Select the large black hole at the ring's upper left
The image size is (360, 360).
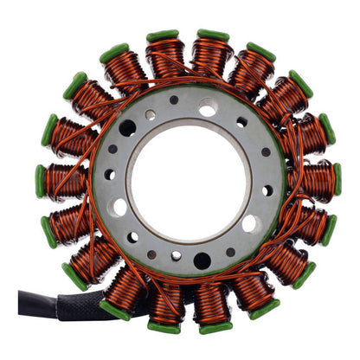click(127, 128)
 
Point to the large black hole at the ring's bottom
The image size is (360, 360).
click(202, 260)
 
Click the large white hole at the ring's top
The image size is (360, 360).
click(208, 107)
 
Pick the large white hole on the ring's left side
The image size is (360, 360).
click(119, 207)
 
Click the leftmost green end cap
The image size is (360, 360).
click(40, 180)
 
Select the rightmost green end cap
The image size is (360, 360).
click(337, 179)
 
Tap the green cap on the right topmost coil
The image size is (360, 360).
click(213, 35)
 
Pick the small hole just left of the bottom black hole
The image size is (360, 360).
click(177, 256)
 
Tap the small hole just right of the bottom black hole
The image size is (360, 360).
click(230, 253)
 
